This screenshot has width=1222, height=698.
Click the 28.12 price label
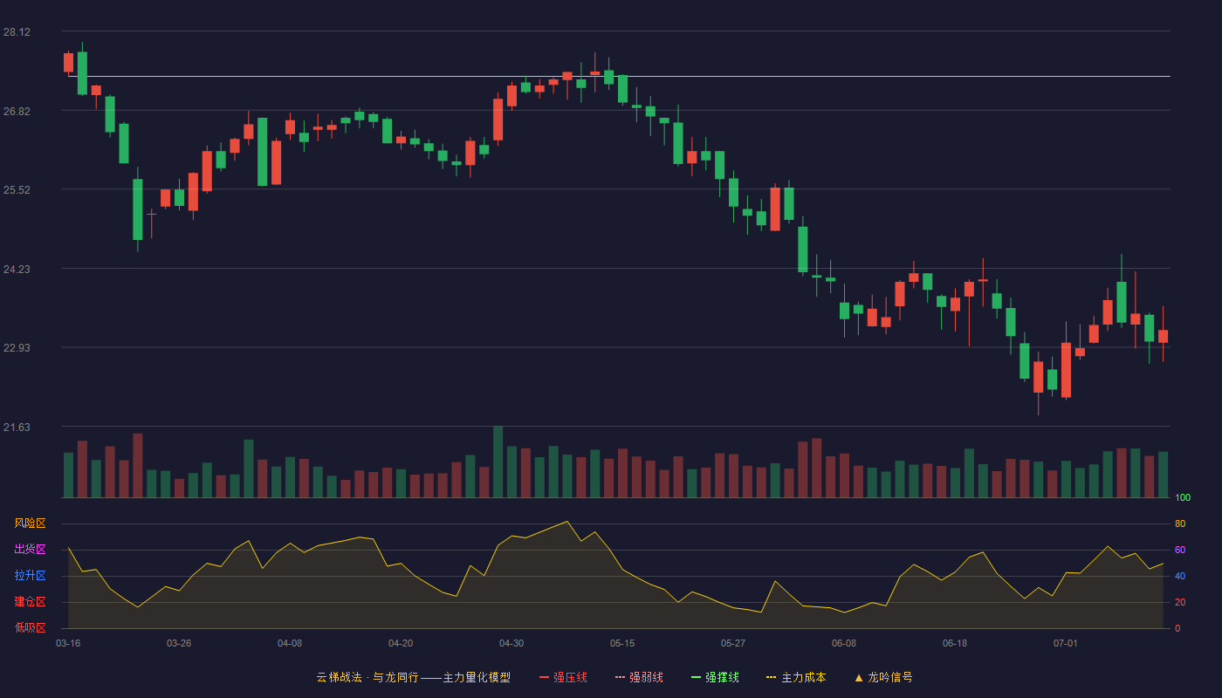(x=17, y=32)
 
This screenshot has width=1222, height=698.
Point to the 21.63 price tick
(x=17, y=427)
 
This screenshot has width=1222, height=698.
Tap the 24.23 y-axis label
(x=17, y=270)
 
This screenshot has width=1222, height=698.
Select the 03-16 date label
(x=68, y=644)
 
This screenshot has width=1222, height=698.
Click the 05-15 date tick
(x=622, y=644)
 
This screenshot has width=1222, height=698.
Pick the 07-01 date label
(x=1066, y=644)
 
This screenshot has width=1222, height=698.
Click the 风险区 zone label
(x=30, y=523)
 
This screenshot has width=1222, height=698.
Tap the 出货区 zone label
(x=30, y=549)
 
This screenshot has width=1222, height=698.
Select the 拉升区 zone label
(x=30, y=575)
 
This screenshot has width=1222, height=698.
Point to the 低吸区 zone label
(x=30, y=627)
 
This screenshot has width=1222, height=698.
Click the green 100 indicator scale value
(x=1183, y=497)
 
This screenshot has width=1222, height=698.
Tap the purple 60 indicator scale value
(x=1180, y=550)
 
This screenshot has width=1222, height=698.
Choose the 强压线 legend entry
(x=563, y=677)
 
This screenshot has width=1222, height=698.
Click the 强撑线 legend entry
(x=715, y=677)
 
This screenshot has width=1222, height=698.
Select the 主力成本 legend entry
(x=796, y=677)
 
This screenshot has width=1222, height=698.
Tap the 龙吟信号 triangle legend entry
(x=883, y=677)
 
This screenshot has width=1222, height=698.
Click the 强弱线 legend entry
(x=639, y=677)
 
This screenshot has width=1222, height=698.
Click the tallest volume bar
(x=498, y=462)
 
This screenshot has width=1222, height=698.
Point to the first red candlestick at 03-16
(x=68, y=62)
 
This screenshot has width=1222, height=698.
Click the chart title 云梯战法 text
(x=340, y=677)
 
